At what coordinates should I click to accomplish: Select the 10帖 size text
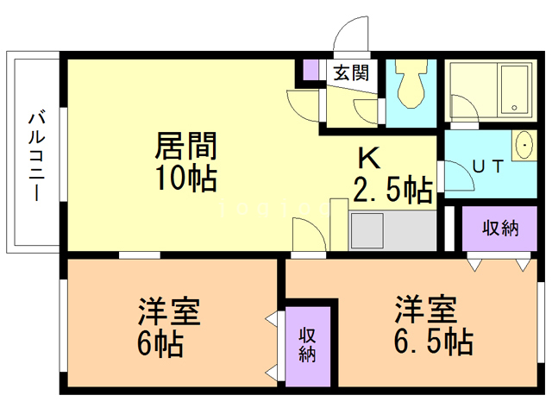(185, 179)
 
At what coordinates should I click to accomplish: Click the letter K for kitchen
(368, 159)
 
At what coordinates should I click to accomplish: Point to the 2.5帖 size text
(392, 189)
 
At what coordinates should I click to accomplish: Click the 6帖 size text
(159, 344)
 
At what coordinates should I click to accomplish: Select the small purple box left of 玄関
(311, 69)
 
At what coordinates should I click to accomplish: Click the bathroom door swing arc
(461, 107)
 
